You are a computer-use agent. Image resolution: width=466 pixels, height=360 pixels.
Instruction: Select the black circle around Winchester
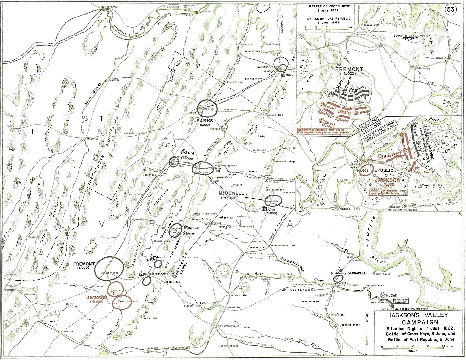click(x=207, y=108)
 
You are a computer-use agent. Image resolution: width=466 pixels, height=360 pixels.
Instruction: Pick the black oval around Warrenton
click(x=273, y=201)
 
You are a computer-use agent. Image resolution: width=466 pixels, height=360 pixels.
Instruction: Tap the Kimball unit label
click(x=193, y=228)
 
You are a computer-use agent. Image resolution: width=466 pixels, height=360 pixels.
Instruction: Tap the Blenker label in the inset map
click(x=361, y=88)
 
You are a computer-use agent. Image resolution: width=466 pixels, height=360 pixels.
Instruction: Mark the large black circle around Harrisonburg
click(x=109, y=268)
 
